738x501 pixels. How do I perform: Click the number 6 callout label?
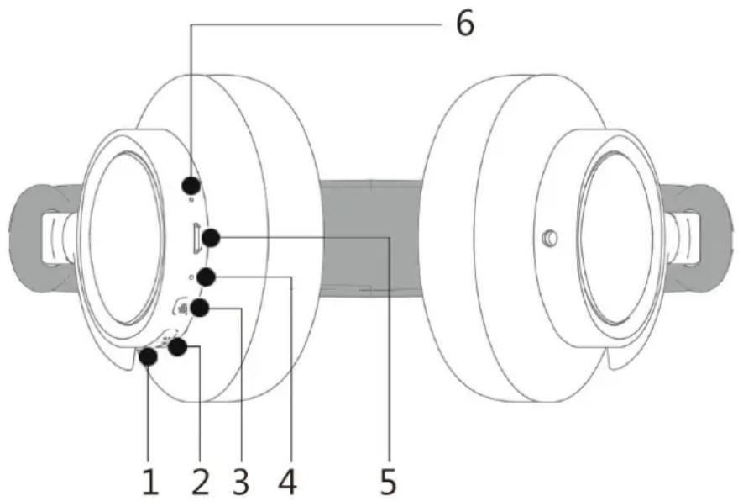coord(465,24)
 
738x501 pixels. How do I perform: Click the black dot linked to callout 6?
coord(191,185)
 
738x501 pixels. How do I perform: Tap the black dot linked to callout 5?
coord(211,239)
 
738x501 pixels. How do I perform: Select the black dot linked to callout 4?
coord(207,277)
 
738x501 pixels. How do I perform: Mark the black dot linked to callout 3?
coord(200,309)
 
